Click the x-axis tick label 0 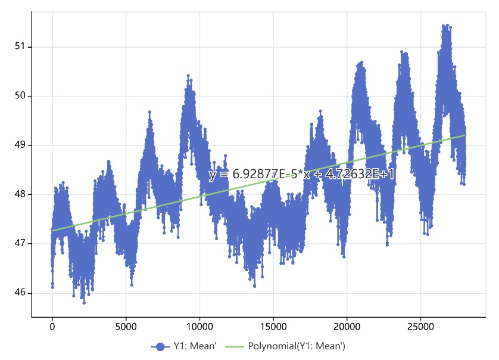pos(52,327)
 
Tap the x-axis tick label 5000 pos(126,327)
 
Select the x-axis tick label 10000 pos(199,327)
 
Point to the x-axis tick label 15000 pos(273,327)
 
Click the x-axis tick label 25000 pos(420,327)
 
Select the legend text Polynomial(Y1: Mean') pos(297,346)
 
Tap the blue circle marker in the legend pos(160,346)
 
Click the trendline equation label pos(301,174)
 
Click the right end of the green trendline pos(464,135)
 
